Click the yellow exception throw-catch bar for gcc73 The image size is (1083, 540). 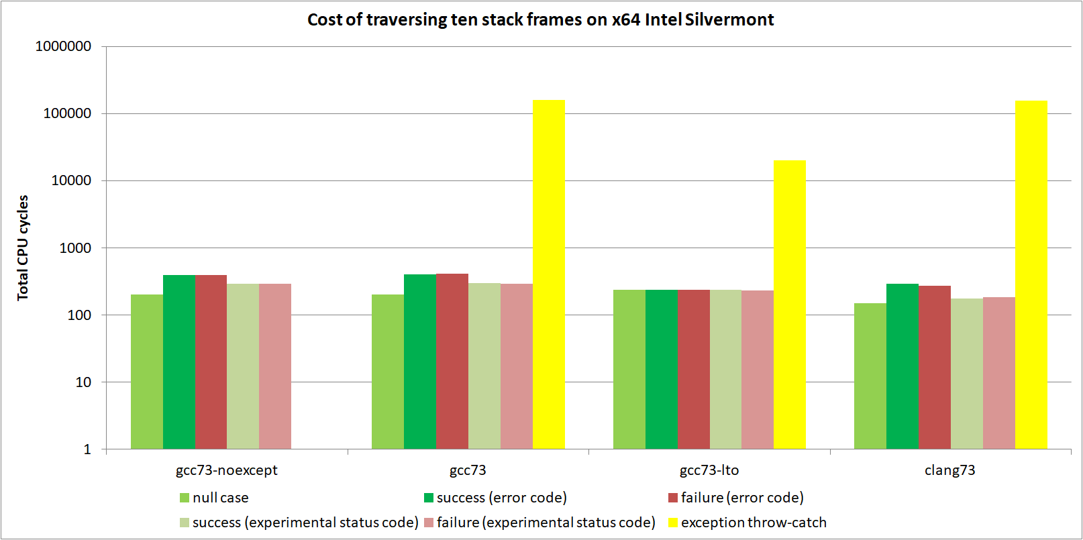[548, 275]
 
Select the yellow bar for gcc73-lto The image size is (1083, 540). [790, 305]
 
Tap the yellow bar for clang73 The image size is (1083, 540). [1031, 275]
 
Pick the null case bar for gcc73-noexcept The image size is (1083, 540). [147, 372]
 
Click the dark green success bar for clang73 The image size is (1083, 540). [902, 366]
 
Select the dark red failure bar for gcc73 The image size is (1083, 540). [452, 362]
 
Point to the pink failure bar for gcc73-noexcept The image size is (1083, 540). [275, 366]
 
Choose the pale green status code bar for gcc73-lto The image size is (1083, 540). [725, 370]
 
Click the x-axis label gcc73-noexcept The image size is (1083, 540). [226, 470]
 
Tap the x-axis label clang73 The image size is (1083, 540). [949, 470]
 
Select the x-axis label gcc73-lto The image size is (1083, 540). [709, 470]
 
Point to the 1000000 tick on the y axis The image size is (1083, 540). [63, 46]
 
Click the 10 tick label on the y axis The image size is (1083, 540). [83, 382]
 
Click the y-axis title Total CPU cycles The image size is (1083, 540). [23, 248]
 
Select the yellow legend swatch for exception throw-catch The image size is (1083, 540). [672, 523]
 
